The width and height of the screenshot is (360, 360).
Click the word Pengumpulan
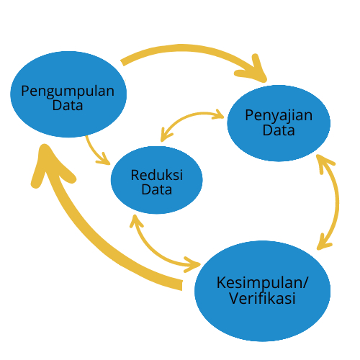click(68, 92)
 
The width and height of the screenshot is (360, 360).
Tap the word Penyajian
click(279, 116)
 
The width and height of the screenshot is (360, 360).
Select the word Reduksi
click(157, 175)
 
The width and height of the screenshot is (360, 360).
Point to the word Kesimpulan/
click(262, 283)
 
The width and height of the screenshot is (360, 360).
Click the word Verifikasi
click(262, 298)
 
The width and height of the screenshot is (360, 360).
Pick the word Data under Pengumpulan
click(68, 105)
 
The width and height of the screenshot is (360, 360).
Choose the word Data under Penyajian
click(279, 130)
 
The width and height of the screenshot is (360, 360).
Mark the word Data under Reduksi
click(157, 189)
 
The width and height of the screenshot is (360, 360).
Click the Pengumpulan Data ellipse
click(68, 94)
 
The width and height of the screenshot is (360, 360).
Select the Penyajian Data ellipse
click(279, 123)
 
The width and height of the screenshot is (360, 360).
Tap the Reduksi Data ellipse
click(157, 180)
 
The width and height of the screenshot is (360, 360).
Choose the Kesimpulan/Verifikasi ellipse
click(262, 291)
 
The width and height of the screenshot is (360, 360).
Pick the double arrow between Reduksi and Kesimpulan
click(153, 251)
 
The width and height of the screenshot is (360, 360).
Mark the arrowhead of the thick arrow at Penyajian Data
click(254, 70)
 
